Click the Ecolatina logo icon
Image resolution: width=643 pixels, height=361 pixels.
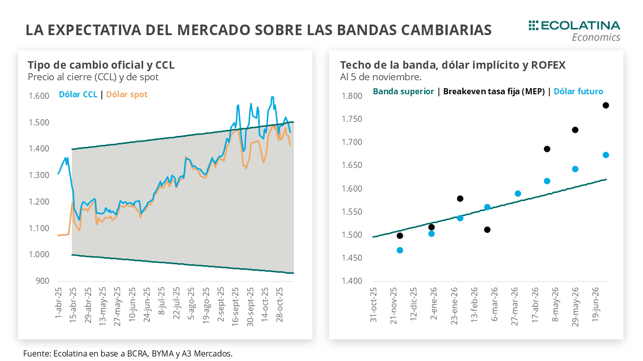coord(533,26)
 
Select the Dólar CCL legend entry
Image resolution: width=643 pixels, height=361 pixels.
coord(78,94)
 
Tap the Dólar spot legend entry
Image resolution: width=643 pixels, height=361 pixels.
coord(127,94)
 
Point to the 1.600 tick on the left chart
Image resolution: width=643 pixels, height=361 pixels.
coord(39,96)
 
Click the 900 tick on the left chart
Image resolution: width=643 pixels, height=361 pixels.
coord(42,281)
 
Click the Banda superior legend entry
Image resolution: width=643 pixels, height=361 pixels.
coord(403,91)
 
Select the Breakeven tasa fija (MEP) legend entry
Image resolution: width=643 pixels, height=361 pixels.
coord(494,91)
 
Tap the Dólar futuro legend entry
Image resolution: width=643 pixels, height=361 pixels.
coord(578,91)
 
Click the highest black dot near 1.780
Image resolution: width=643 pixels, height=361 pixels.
coord(606,105)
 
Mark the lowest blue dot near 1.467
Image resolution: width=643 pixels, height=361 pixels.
coord(400,250)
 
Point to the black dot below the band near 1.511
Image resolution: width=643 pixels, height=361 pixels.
coord(487,230)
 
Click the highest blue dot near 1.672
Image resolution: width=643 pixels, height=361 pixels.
coord(606,155)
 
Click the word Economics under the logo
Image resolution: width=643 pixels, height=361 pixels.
coord(596,38)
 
